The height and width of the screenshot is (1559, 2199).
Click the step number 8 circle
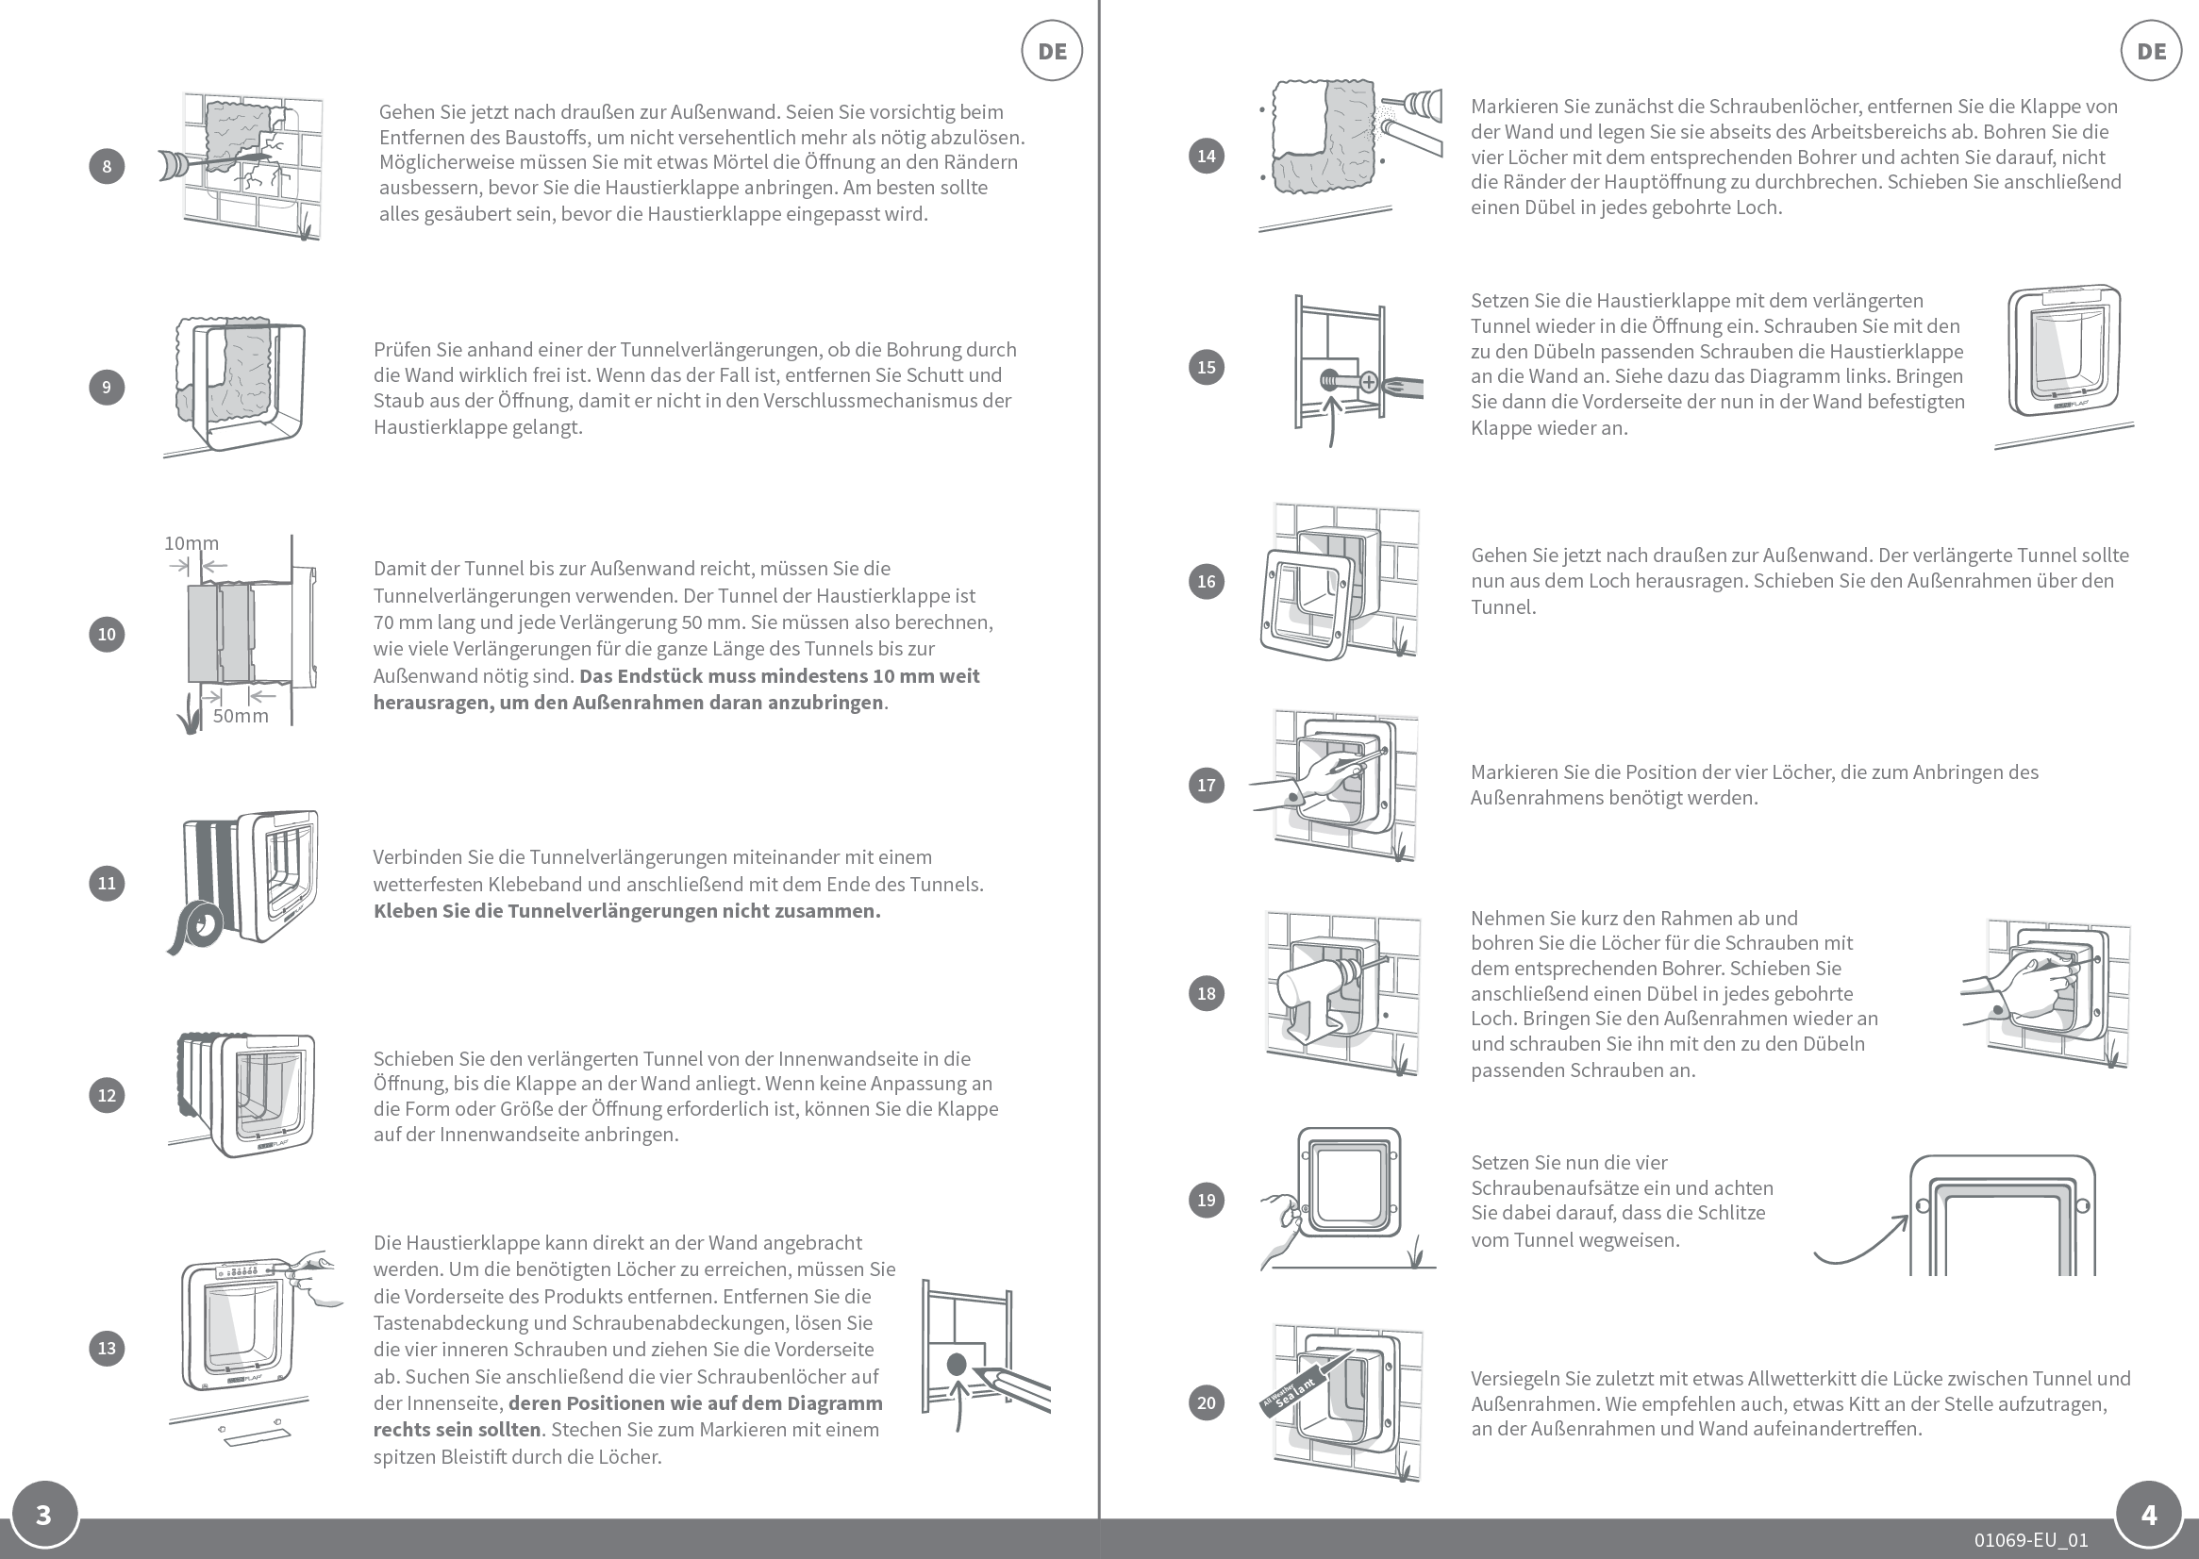pos(107,166)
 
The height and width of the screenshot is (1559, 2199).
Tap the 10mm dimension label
pos(192,543)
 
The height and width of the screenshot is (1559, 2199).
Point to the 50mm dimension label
pos(240,716)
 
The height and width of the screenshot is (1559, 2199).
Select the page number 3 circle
pos(43,1515)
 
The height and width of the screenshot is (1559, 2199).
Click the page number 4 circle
pos(2149,1515)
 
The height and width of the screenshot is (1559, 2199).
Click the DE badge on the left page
pos(1052,51)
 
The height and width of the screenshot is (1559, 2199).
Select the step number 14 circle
pos(1206,156)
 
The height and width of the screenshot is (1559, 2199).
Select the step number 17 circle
pos(1206,786)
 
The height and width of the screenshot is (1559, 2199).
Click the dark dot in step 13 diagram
pos(957,1364)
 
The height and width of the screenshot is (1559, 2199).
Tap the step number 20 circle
pos(1206,1402)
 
